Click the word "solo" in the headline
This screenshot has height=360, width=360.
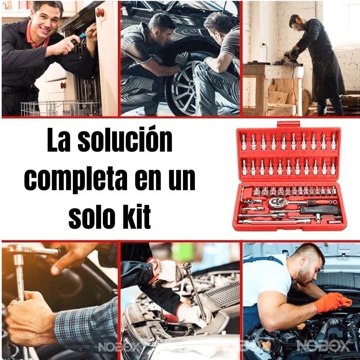[90, 217]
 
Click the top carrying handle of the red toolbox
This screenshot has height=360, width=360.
[288, 125]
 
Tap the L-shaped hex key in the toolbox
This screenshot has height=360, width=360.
[243, 192]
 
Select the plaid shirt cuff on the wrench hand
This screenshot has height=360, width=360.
[85, 322]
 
